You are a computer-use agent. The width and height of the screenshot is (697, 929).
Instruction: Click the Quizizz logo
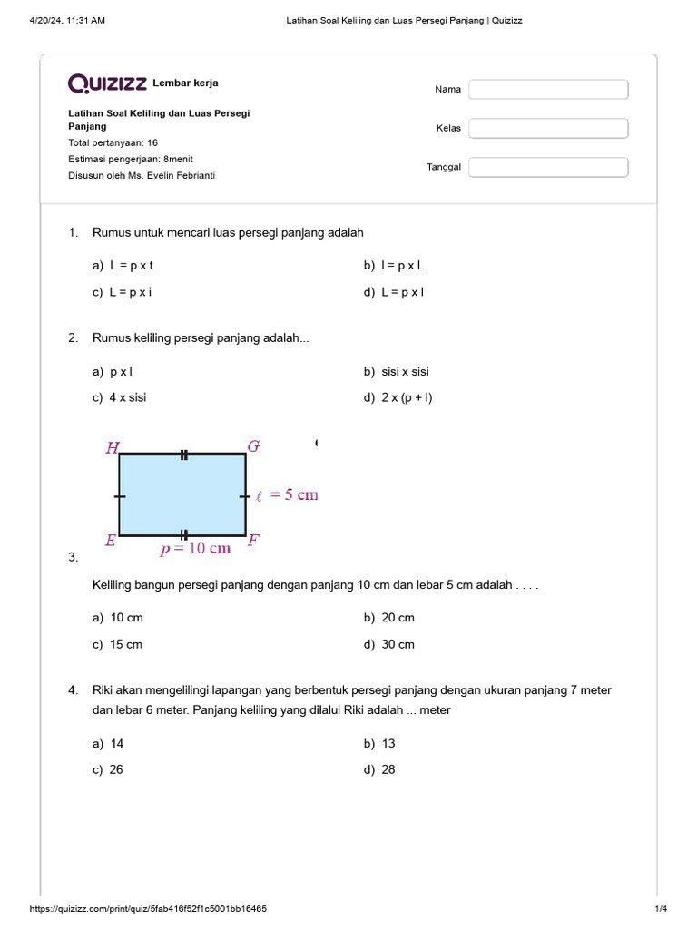coord(107,83)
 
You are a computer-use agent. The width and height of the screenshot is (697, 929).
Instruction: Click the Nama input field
coord(548,89)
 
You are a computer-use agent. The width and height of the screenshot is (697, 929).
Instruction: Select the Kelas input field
coord(548,128)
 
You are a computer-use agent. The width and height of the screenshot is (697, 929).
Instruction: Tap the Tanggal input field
coord(548,167)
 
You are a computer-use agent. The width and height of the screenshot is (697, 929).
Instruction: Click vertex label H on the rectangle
coord(113,446)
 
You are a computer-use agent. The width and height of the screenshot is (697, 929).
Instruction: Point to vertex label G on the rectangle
coord(253,445)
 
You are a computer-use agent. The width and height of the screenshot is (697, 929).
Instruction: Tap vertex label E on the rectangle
coord(110,541)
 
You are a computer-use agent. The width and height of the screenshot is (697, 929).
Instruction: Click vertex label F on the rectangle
coord(254,541)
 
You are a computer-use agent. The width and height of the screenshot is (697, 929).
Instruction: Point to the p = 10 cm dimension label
coord(195,548)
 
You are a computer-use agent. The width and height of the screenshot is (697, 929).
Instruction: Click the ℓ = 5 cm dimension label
coord(287,495)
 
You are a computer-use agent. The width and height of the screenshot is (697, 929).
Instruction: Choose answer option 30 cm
coord(398,644)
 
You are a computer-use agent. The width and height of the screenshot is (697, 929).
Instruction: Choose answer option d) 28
coord(388,769)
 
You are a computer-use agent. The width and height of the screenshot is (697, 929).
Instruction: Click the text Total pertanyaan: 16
coord(113,142)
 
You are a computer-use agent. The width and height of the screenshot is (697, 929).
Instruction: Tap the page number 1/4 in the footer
coord(661,909)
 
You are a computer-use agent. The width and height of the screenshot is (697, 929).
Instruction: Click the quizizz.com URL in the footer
coord(149,909)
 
